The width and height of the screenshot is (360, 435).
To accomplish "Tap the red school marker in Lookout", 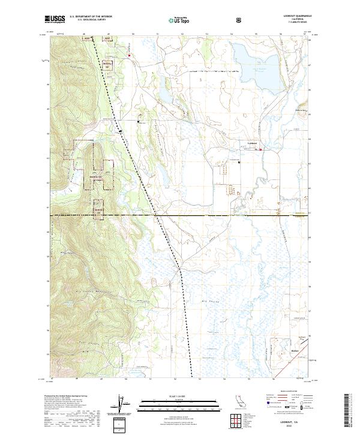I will point(260,150).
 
